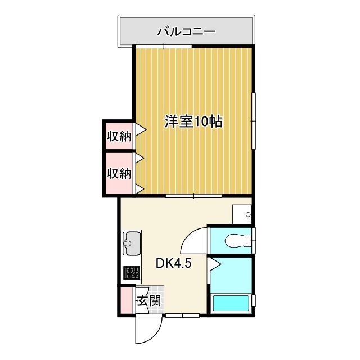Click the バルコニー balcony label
pyautogui.click(x=186, y=31)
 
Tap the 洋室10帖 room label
pyautogui.click(x=193, y=121)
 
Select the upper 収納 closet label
pyautogui.click(x=119, y=136)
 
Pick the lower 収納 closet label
pyautogui.click(x=119, y=173)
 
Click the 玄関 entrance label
pyautogui.click(x=148, y=300)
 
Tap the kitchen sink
pyautogui.click(x=133, y=244)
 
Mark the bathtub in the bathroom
pyautogui.click(x=231, y=303)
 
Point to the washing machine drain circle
pyautogui.click(x=249, y=214)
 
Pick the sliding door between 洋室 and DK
pyautogui.click(x=193, y=196)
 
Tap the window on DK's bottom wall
pyautogui.click(x=182, y=316)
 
